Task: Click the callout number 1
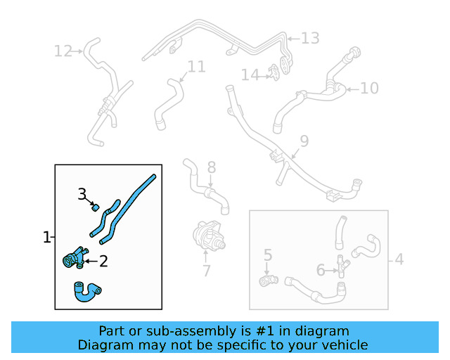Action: pyautogui.click(x=46, y=238)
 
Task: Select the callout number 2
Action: pyautogui.click(x=103, y=262)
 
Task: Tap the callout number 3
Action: pyautogui.click(x=82, y=193)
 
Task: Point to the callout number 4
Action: pyautogui.click(x=399, y=259)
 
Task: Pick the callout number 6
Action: pyautogui.click(x=321, y=269)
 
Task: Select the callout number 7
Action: pyautogui.click(x=206, y=271)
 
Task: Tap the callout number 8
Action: pyautogui.click(x=211, y=167)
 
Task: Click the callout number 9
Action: pyautogui.click(x=303, y=141)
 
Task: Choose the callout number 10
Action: pyautogui.click(x=369, y=88)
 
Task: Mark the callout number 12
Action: pyautogui.click(x=63, y=51)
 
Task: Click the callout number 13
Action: pyautogui.click(x=310, y=38)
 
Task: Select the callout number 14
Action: pyautogui.click(x=250, y=75)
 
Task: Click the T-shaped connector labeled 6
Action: pyautogui.click(x=343, y=266)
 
